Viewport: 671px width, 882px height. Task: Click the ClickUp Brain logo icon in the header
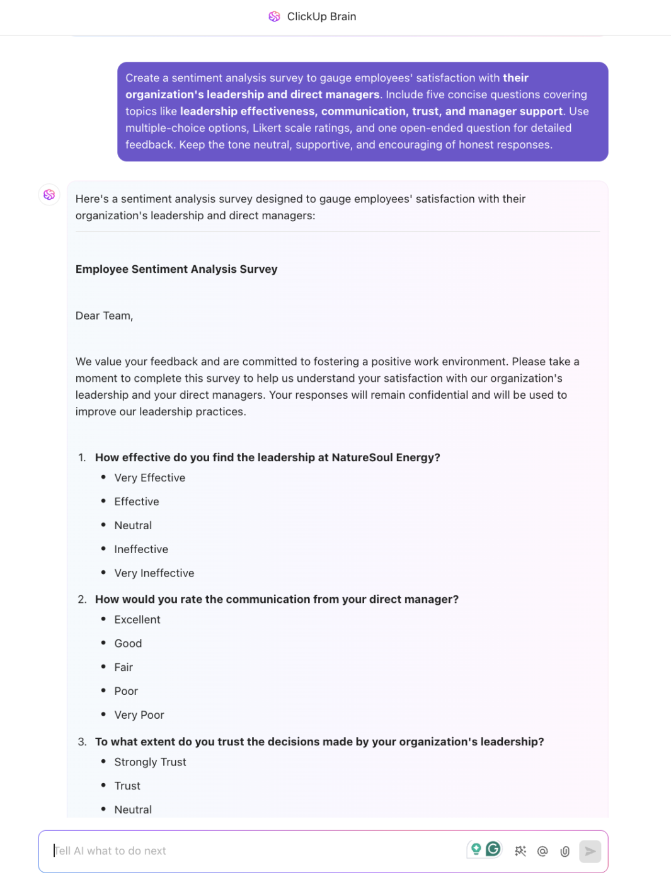274,16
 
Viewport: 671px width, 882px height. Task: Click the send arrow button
590,851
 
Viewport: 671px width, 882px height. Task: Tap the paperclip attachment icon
565,851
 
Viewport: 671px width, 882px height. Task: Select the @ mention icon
542,851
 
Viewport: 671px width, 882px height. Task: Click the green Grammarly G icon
493,849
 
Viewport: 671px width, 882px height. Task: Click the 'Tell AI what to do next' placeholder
111,851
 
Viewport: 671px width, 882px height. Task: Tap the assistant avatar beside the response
49,195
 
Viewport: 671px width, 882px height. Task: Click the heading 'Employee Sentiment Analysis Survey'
176,269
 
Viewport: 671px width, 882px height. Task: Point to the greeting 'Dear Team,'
104,316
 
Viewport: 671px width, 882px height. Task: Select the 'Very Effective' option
149,478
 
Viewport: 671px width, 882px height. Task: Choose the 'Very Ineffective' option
154,573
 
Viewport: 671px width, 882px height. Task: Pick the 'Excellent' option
137,619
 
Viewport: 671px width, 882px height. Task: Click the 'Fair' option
123,667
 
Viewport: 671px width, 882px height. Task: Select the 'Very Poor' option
139,715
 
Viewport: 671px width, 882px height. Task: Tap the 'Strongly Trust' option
150,762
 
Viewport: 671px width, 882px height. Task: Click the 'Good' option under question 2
128,643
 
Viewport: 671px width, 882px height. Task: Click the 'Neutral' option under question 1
132,525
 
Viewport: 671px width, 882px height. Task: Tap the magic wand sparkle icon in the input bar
520,851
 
